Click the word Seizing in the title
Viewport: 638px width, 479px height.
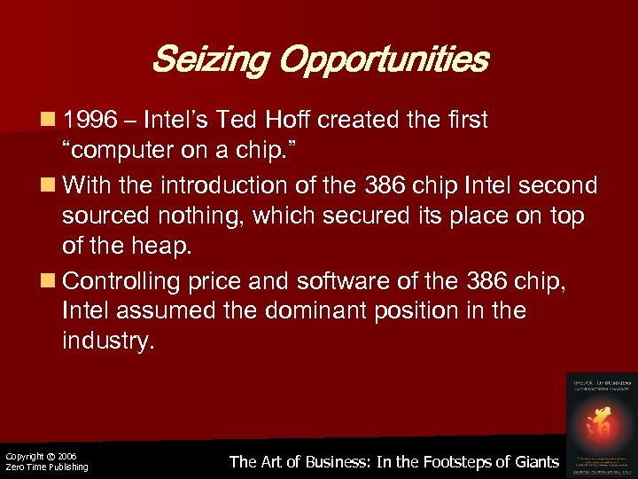click(209, 60)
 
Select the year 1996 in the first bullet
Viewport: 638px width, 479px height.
click(92, 119)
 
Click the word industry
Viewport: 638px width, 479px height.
click(108, 342)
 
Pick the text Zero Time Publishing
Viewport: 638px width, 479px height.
click(46, 467)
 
